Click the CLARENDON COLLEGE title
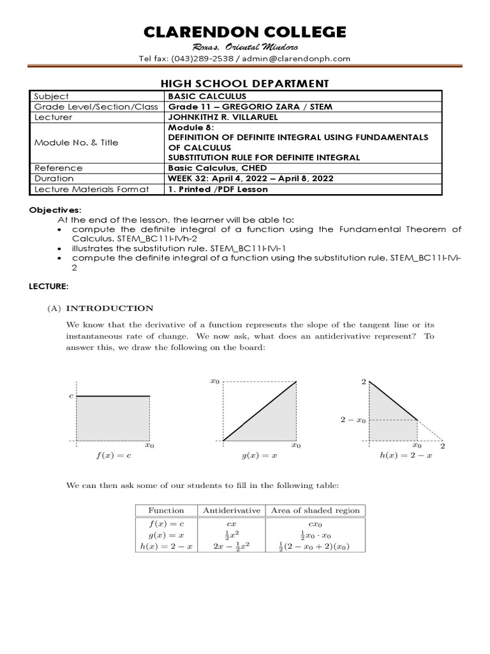click(244, 32)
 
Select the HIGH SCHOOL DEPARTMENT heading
click(244, 83)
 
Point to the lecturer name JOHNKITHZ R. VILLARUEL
click(221, 118)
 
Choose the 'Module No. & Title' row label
click(76, 142)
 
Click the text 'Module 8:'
click(184, 127)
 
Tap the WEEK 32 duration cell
click(249, 178)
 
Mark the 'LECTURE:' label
click(48, 287)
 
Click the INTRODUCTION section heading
click(110, 308)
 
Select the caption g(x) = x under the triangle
click(259, 457)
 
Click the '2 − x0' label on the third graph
click(353, 420)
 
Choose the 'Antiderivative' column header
click(232, 510)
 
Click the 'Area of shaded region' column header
click(315, 510)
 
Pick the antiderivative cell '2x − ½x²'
click(232, 546)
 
